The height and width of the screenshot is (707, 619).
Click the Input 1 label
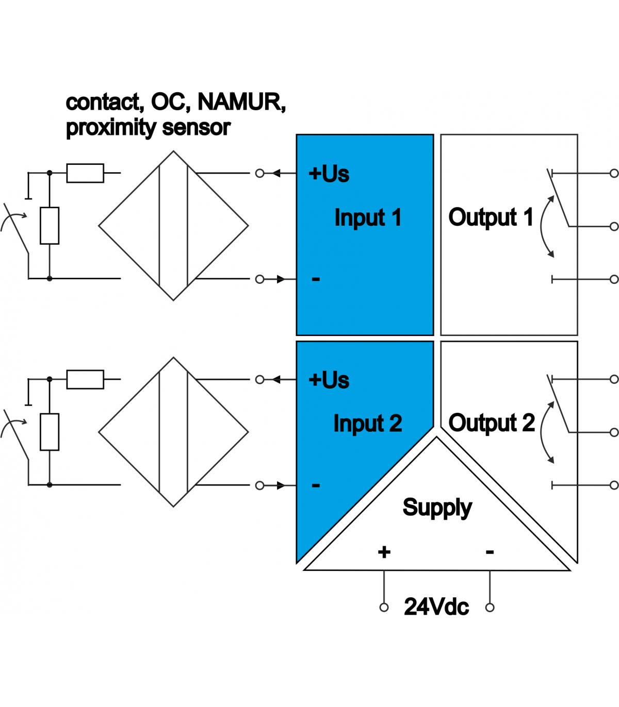click(367, 217)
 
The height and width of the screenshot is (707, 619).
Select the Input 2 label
click(367, 424)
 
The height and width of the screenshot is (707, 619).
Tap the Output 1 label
click(491, 217)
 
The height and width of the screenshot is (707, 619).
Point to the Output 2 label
click(491, 423)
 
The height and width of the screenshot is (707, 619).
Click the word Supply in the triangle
click(437, 508)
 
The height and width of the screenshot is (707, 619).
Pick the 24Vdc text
click(436, 607)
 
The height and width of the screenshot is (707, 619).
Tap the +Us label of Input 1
click(329, 174)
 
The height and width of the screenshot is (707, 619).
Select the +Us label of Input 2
click(329, 380)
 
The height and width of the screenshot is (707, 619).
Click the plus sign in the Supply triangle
click(384, 552)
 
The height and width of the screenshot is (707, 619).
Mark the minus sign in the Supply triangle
click(490, 552)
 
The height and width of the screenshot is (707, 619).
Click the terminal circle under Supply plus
click(384, 608)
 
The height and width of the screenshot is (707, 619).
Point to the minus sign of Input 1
click(316, 279)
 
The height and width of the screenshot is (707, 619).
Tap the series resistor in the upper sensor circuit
click(85, 173)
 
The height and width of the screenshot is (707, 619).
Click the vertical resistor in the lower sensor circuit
click(50, 432)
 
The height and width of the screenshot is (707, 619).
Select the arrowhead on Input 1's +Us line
click(276, 173)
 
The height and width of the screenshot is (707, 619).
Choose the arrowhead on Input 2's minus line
click(281, 485)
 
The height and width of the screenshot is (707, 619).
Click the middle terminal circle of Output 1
click(614, 226)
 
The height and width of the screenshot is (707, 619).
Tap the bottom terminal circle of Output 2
click(614, 485)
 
